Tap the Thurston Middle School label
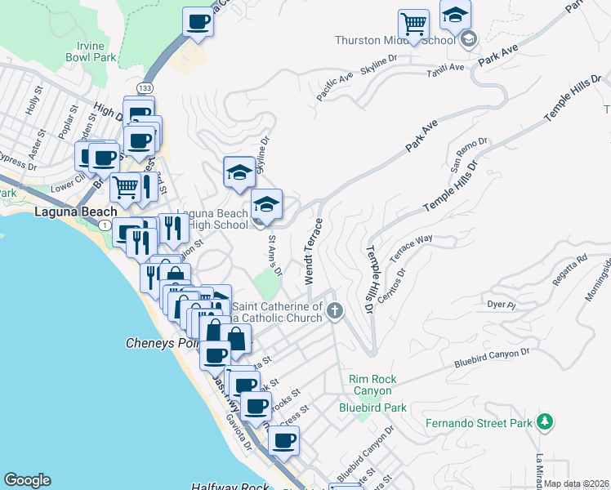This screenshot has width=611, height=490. pos(395,40)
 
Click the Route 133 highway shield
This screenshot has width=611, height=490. pos(145,87)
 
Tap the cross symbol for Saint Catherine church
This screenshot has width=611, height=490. pos(334,311)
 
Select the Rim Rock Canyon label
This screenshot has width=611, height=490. pos(372,385)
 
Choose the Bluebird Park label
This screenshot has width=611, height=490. pos(372,407)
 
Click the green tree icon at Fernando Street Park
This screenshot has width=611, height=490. pos(545,422)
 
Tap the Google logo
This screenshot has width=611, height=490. pos(26,480)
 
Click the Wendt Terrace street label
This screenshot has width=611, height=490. pos(314,252)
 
